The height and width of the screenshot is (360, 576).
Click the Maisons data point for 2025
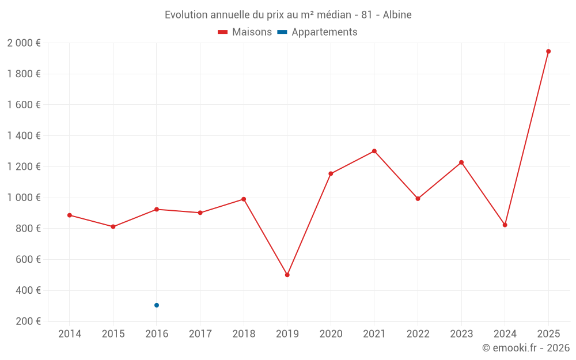pos(548,51)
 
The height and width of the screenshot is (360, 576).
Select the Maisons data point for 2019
pos(287,275)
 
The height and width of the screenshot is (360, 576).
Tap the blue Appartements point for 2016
pos(157,305)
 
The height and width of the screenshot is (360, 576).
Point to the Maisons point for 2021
pos(374,151)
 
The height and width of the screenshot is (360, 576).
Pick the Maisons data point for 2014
pos(70,215)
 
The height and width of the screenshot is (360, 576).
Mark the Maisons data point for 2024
pos(505,225)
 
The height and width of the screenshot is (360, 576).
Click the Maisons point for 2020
pos(331,173)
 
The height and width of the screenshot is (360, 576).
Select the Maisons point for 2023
pos(461,162)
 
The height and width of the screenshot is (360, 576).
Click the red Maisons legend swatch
pos(223,32)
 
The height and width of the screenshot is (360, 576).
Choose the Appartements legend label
pos(324,32)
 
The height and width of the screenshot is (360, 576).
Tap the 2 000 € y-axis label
pos(24,43)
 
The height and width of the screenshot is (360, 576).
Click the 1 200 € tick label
pos(24,167)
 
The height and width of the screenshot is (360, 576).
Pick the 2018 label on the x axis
pos(244,334)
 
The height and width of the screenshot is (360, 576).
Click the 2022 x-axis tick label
pos(418,334)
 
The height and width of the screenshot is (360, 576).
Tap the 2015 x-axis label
pos(113,334)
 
